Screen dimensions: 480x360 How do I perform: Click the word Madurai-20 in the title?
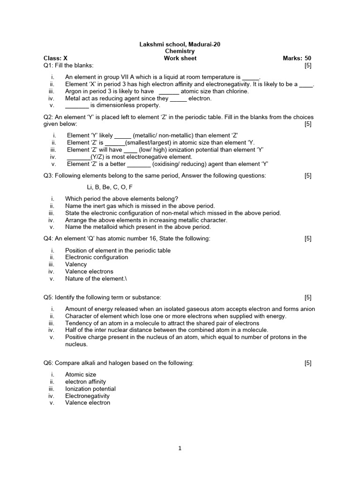pyautogui.click(x=204, y=44)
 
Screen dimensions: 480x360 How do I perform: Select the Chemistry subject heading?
pyautogui.click(x=180, y=51)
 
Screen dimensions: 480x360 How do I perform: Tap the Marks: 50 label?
pyautogui.click(x=297, y=58)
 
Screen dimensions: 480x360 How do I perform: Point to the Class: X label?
pyautogui.click(x=56, y=58)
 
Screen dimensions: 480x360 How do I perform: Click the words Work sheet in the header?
pyautogui.click(x=180, y=58)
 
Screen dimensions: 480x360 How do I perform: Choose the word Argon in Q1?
pyautogui.click(x=74, y=91)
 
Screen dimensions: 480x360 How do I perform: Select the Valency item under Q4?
pyautogui.click(x=76, y=264)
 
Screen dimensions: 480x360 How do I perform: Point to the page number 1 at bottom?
pyautogui.click(x=180, y=448)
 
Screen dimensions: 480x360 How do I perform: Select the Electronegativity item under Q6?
pyautogui.click(x=87, y=396)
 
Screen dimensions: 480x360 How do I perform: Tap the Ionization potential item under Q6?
pyautogui.click(x=90, y=389)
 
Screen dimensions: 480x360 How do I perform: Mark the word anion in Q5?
pyautogui.click(x=307, y=309)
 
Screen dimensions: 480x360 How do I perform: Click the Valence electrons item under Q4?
pyautogui.click(x=89, y=271)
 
